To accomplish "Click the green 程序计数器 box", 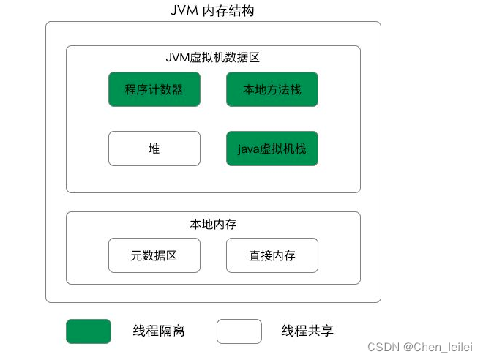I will [154, 89].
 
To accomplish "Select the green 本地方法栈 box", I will [272, 89].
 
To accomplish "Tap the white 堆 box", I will [154, 149].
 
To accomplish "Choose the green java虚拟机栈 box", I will [272, 149].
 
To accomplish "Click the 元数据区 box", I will [154, 255].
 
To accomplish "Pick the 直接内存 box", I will [272, 255].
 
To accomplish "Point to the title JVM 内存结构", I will [212, 11].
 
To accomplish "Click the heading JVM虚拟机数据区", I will [212, 57].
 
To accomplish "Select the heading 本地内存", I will [212, 224].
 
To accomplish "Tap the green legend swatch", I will [89, 331].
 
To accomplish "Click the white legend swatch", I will [239, 331].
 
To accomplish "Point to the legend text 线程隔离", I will [159, 331].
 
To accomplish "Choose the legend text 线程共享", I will [307, 331].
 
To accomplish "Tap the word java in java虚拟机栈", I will [250, 149].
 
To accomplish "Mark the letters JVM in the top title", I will [182, 11].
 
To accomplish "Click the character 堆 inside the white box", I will [154, 149].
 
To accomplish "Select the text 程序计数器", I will [154, 89].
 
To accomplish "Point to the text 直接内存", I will [272, 255].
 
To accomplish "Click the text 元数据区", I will [154, 255].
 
